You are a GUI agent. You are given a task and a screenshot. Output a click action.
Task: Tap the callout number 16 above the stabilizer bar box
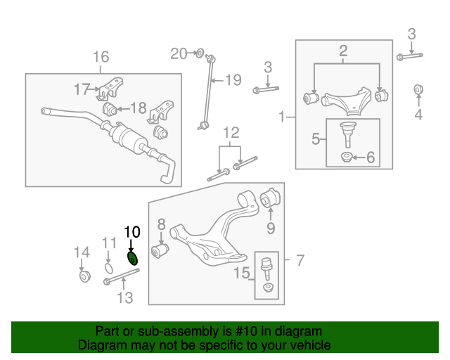[x=101, y=57]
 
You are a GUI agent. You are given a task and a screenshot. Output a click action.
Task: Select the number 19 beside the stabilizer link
[x=232, y=79]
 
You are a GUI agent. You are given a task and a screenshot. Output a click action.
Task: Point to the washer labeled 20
[x=199, y=53]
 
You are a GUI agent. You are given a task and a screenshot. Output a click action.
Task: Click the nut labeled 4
[x=418, y=89]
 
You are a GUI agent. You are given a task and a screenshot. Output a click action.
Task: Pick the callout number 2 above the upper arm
[x=343, y=51]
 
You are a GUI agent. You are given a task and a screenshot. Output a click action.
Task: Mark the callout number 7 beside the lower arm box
[x=300, y=262]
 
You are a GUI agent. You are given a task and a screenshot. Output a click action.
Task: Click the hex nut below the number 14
[x=82, y=276]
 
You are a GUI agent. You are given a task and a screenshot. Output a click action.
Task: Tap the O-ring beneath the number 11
[x=108, y=266]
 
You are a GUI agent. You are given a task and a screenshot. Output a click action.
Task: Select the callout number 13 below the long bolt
[x=124, y=298]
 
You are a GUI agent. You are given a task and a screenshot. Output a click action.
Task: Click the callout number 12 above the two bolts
[x=231, y=133]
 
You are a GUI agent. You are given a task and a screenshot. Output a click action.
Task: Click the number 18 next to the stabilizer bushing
[x=138, y=108]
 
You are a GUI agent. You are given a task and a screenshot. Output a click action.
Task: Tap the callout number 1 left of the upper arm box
[x=283, y=117]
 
